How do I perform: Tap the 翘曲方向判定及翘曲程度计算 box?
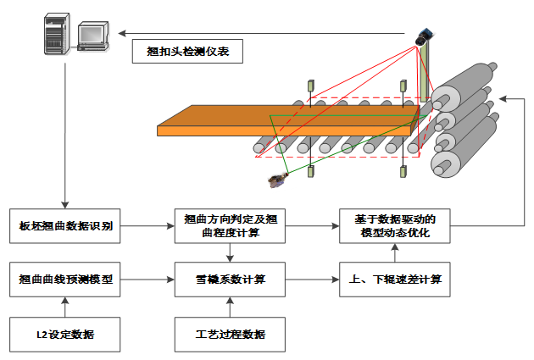230,226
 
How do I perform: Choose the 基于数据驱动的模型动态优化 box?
395,226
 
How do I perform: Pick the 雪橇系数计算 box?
230,279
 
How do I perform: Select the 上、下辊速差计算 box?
395,279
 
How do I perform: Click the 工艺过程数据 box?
230,335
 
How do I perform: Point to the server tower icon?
55,36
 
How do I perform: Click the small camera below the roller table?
276,179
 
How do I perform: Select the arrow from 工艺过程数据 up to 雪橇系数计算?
230,307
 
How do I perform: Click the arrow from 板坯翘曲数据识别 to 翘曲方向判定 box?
149,226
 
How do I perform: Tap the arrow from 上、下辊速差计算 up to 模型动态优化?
395,252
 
